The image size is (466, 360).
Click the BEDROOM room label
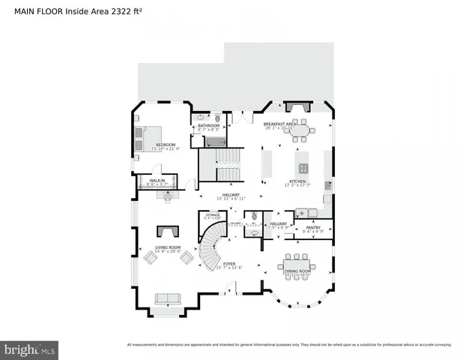click(165, 145)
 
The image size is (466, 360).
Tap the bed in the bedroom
click(143, 136)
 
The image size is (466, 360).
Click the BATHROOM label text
click(208, 125)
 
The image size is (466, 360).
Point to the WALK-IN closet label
click(157, 180)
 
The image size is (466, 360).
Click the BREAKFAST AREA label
click(282, 124)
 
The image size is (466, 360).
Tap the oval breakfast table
click(300, 130)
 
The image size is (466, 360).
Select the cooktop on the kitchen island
click(303, 168)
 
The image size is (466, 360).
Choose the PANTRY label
click(312, 227)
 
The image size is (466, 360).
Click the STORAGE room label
click(212, 215)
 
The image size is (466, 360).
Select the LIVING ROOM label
click(168, 247)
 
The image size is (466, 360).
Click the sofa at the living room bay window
click(168, 299)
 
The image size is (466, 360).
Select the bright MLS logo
click(30, 349)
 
